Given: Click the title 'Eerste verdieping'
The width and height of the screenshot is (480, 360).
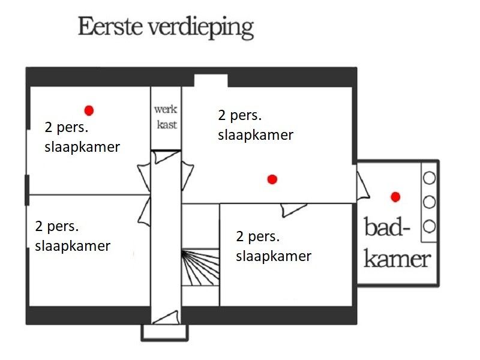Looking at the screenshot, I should click(166, 28).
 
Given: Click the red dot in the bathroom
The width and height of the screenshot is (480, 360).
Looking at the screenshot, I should click(395, 196).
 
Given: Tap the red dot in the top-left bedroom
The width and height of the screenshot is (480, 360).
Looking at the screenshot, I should click(89, 110).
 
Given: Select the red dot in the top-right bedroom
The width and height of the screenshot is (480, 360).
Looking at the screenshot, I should click(272, 179).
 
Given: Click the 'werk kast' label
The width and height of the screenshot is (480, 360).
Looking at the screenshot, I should click(166, 117).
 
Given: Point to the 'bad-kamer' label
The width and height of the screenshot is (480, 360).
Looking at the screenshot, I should click(397, 244).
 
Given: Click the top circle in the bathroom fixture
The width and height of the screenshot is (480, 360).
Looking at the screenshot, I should click(429, 178).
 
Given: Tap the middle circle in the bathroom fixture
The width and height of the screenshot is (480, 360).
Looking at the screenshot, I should click(429, 202).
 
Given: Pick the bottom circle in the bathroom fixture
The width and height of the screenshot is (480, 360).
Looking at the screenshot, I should click(429, 226).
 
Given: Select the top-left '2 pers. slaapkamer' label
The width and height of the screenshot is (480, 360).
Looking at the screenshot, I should click(82, 137).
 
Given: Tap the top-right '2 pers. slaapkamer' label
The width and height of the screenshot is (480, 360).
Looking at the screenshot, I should click(256, 125).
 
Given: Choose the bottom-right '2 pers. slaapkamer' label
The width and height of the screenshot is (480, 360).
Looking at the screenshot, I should click(274, 246).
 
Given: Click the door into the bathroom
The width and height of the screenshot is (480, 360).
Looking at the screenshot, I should click(362, 186).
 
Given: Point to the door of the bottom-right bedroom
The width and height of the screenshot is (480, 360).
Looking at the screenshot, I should click(293, 208).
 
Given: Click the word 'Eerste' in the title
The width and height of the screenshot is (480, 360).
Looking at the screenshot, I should click(108, 27).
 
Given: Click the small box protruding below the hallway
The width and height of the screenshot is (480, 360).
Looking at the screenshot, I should click(164, 332).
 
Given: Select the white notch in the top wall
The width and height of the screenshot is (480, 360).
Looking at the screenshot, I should click(211, 80).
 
